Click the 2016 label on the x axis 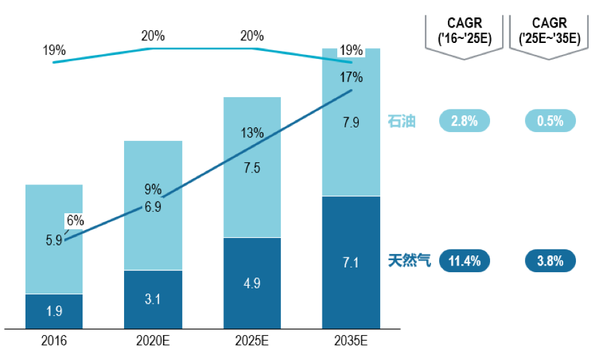(x=54, y=341)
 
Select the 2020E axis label (x=153, y=341)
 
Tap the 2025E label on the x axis (x=252, y=341)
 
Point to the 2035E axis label (x=351, y=341)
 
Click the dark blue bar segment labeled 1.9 (x=54, y=311)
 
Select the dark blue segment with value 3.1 (x=153, y=299)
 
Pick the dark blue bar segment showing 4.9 (x=252, y=282)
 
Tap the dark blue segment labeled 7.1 (x=351, y=262)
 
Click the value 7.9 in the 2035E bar (x=351, y=123)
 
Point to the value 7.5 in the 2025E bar (x=252, y=168)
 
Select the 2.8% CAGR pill (x=464, y=121)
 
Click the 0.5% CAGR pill (x=550, y=121)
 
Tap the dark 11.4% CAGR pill (x=464, y=261)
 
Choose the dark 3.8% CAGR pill (x=550, y=261)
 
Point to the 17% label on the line (x=351, y=77)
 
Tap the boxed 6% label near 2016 (x=74, y=220)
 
